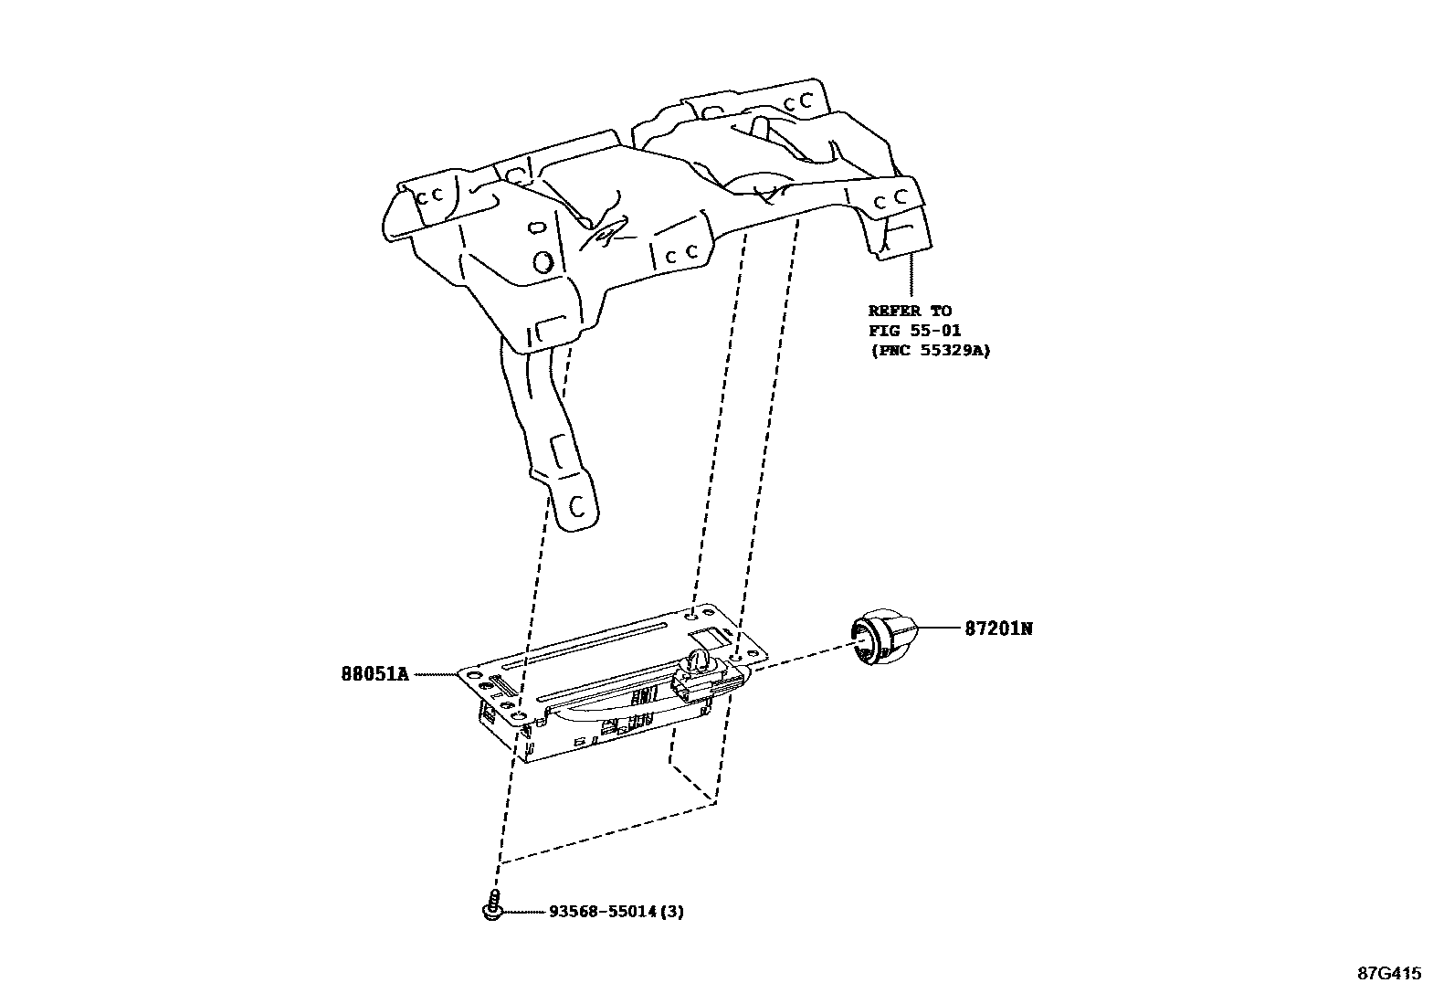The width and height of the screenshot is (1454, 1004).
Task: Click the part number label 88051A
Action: click(x=374, y=674)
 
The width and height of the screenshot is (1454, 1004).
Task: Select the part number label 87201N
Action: click(x=998, y=629)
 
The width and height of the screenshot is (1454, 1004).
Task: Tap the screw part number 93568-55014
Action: click(x=604, y=912)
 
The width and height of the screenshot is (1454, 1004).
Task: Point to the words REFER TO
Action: click(x=909, y=311)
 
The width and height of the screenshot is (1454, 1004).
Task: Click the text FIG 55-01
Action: click(x=914, y=330)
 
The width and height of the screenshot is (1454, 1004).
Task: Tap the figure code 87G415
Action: click(x=1388, y=974)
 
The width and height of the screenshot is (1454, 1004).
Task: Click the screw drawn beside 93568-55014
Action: click(x=492, y=905)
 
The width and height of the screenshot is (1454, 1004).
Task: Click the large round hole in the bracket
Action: click(x=542, y=262)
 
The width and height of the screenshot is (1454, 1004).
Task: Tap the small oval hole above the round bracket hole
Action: click(x=538, y=227)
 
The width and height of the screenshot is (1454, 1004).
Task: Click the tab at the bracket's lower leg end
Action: click(x=577, y=508)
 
